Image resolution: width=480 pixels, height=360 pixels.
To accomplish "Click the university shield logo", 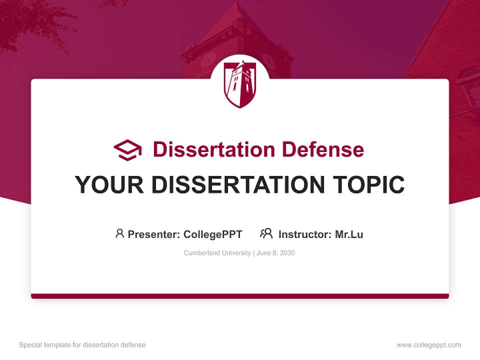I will pos(240,84).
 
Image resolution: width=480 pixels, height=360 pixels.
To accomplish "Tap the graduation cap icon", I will pos(127,149).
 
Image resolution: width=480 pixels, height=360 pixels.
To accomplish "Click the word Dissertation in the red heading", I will pos(213,149).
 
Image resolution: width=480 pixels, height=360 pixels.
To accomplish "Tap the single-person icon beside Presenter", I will pos(119,233).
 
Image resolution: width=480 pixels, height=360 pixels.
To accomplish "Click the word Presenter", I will pos(153,234).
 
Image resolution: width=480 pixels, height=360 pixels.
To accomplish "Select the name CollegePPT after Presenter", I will pos(213,234).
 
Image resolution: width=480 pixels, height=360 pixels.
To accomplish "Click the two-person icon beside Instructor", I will pos(266,233).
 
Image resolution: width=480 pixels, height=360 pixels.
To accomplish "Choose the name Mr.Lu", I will pos(349,234).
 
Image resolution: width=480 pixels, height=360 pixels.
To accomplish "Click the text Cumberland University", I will pos(217,253).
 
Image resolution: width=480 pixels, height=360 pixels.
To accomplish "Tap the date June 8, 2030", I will pos(276,253).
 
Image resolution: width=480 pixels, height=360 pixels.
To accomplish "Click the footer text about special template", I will pos(82,345).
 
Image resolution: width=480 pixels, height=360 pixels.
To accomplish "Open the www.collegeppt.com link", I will pos(428,345).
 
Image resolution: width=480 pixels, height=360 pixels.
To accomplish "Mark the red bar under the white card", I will pos(240,296).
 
